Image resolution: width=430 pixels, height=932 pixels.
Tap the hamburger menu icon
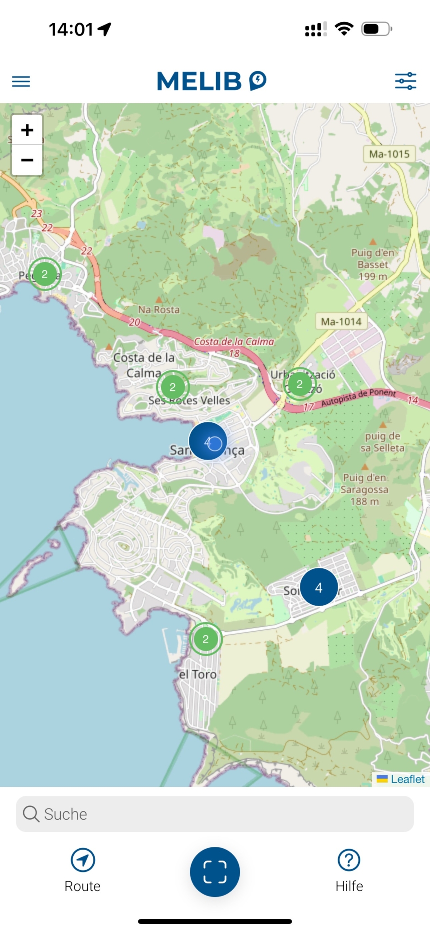[21, 81]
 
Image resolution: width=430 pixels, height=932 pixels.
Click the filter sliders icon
[405, 81]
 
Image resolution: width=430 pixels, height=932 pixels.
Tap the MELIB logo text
[199, 81]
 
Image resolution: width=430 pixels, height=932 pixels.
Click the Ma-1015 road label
[389, 154]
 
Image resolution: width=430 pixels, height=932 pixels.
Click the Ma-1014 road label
[341, 322]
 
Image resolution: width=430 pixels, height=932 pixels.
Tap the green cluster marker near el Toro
[206, 639]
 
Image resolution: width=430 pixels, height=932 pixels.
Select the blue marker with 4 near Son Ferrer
[319, 588]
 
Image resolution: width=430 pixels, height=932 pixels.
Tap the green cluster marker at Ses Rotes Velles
[173, 387]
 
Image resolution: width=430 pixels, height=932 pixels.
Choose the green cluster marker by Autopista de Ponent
[299, 384]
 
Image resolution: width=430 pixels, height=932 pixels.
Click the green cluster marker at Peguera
[45, 274]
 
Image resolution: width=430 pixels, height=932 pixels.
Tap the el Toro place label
[198, 674]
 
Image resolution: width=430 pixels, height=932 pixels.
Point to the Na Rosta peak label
[159, 309]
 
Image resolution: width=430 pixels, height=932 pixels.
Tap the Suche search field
[215, 814]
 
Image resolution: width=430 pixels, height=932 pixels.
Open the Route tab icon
[83, 860]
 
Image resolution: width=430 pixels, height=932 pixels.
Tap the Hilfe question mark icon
[349, 860]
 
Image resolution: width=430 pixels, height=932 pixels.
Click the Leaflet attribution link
[407, 780]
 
